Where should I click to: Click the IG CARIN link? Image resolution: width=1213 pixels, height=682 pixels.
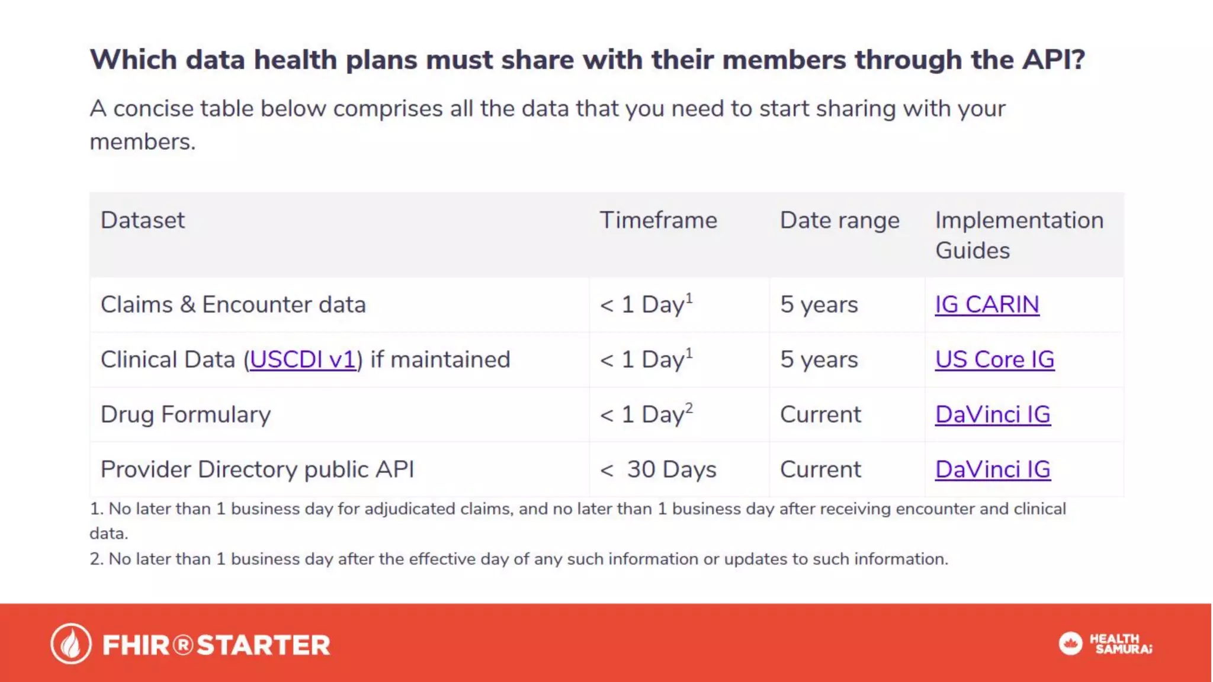coord(986,305)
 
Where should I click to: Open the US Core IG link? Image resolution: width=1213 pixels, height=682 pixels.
coord(994,360)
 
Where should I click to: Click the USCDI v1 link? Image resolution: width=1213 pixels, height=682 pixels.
coord(302,360)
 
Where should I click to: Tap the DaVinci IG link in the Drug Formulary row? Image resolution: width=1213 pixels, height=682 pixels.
coord(993,415)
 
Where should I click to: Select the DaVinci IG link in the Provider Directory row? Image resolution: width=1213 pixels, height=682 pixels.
coord(993,470)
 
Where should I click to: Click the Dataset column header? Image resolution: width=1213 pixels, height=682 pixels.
coord(143,221)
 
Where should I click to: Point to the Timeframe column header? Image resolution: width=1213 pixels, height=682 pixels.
coord(658,221)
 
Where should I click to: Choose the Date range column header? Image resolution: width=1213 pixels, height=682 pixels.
coord(839,221)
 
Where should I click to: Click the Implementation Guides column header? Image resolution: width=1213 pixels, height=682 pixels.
coord(1019,235)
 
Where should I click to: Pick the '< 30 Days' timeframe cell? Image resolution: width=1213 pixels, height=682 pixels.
coord(658,470)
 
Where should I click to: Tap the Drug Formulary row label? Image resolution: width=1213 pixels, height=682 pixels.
coord(185,415)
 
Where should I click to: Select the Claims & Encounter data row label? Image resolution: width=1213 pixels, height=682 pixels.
coord(233,305)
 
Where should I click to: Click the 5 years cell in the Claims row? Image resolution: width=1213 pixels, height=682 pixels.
coord(819,305)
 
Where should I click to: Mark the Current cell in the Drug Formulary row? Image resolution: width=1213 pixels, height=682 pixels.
coord(820,415)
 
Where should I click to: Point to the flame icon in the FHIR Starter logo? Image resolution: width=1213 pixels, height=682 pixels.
coord(71,644)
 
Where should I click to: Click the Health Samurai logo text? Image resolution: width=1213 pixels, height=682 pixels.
coord(1121,644)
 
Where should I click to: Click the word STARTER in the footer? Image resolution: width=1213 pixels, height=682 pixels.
coord(263,645)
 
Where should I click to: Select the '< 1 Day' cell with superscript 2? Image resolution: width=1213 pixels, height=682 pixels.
coord(646,415)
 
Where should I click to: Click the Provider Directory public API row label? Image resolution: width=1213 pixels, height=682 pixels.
coord(257,470)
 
